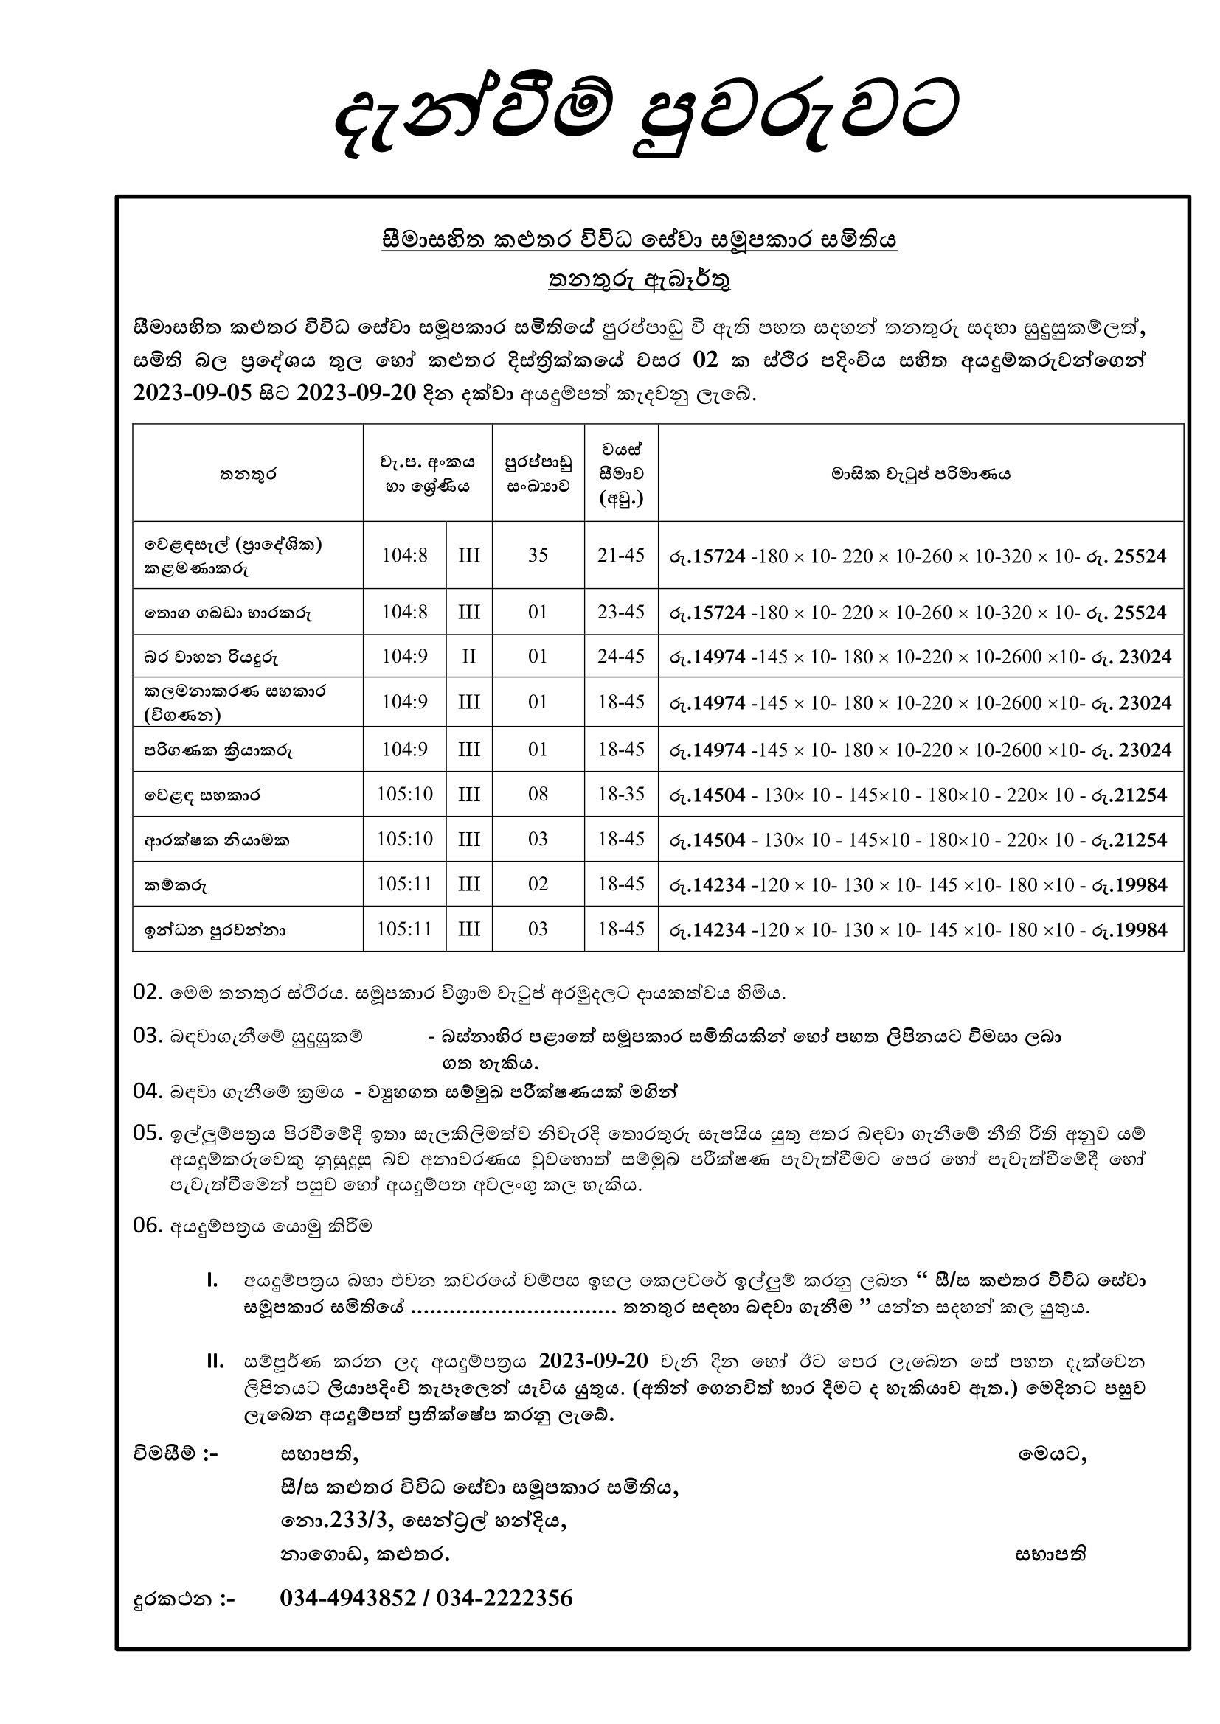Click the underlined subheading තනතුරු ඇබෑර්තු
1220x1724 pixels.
(x=640, y=279)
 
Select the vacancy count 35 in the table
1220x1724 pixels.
(x=538, y=555)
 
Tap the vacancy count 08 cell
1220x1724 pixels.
(x=538, y=794)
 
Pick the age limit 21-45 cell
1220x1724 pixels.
(x=621, y=555)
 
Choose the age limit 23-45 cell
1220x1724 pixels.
(x=621, y=612)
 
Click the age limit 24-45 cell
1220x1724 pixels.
(x=621, y=656)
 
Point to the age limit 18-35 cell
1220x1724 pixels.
(x=621, y=794)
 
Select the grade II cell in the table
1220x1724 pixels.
(x=469, y=656)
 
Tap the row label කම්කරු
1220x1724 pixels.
(x=176, y=885)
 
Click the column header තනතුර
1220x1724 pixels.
(x=248, y=474)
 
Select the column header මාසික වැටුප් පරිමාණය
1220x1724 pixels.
(x=921, y=474)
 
